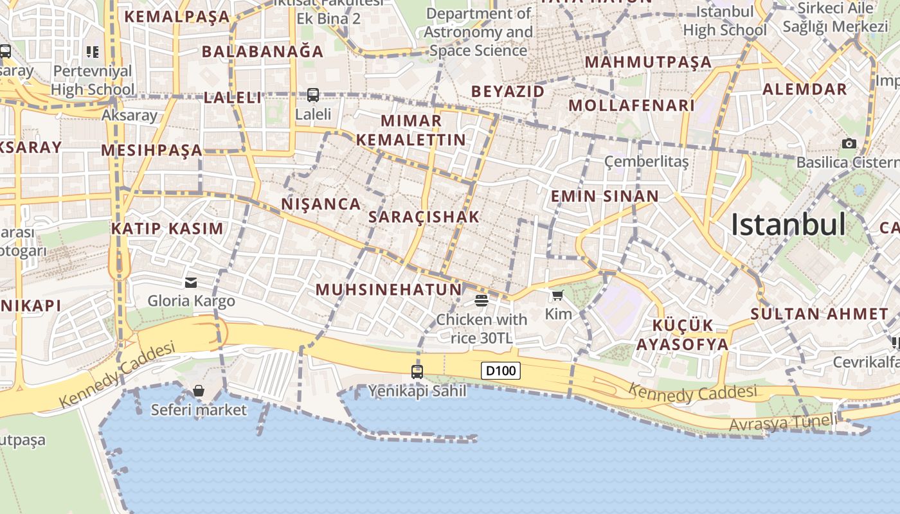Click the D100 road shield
click(501, 371)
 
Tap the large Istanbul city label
click(788, 224)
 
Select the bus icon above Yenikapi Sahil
click(417, 371)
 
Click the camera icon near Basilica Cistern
click(849, 143)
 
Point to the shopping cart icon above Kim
click(557, 295)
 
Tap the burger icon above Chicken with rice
click(481, 300)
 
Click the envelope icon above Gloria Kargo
click(191, 282)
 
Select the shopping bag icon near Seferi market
click(199, 391)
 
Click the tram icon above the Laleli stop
click(313, 95)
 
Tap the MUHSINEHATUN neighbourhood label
click(389, 290)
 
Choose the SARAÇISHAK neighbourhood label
click(424, 217)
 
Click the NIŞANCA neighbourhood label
click(321, 204)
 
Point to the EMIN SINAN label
click(604, 197)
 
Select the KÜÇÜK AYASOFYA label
click(683, 335)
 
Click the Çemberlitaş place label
click(647, 161)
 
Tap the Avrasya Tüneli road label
click(783, 423)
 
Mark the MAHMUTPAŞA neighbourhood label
click(648, 62)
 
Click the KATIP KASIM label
click(167, 229)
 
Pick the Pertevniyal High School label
click(93, 80)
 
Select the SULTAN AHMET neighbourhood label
click(820, 314)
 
